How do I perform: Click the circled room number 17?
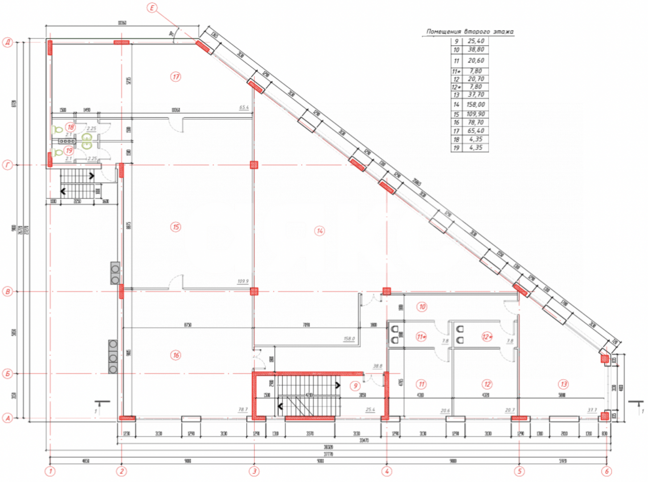click(176, 77)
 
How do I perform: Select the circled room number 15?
click(176, 227)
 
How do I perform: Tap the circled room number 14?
click(320, 231)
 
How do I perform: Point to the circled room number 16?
click(176, 355)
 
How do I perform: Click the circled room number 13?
click(563, 384)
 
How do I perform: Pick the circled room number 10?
click(422, 307)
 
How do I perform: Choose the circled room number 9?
click(355, 386)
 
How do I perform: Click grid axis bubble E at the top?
click(152, 8)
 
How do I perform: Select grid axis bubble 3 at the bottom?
click(254, 471)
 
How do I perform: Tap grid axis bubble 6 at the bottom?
click(606, 471)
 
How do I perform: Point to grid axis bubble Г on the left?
click(8, 165)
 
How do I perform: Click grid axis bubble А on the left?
click(8, 418)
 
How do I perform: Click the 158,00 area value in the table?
click(475, 104)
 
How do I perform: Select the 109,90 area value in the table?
click(475, 114)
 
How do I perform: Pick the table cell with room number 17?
click(456, 131)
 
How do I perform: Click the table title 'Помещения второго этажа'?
click(469, 32)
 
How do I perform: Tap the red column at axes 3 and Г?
click(254, 165)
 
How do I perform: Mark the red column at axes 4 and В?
click(386, 291)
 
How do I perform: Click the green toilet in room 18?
click(57, 130)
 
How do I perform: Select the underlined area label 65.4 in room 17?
click(244, 108)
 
